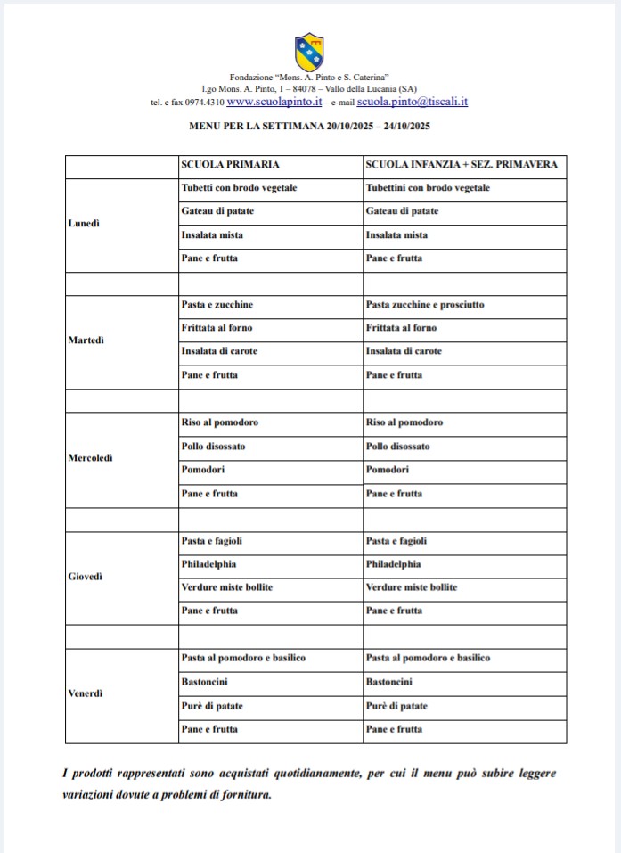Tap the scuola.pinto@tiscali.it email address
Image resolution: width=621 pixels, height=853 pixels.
pos(413,102)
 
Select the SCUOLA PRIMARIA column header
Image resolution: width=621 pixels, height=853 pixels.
pos(231,165)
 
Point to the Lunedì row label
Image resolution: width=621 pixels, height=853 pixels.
pos(84,224)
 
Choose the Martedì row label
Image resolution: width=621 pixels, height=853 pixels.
pos(86,340)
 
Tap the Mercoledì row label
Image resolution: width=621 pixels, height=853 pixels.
pos(92,458)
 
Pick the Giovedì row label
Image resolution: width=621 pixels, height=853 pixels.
pos(86,577)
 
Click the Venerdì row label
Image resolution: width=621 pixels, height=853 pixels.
pos(86,694)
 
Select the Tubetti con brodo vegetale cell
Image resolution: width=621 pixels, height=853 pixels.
pos(239,188)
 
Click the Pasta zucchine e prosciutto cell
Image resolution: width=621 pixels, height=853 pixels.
pos(425,305)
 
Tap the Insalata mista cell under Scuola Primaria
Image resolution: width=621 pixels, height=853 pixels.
pos(212,235)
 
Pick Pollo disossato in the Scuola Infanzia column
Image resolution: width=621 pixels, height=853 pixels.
pos(397,447)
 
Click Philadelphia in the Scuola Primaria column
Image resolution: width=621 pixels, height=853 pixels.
pos(208,564)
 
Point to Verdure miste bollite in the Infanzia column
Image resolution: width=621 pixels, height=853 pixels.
pos(412,588)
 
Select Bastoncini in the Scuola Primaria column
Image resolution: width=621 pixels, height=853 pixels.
pos(204,683)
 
